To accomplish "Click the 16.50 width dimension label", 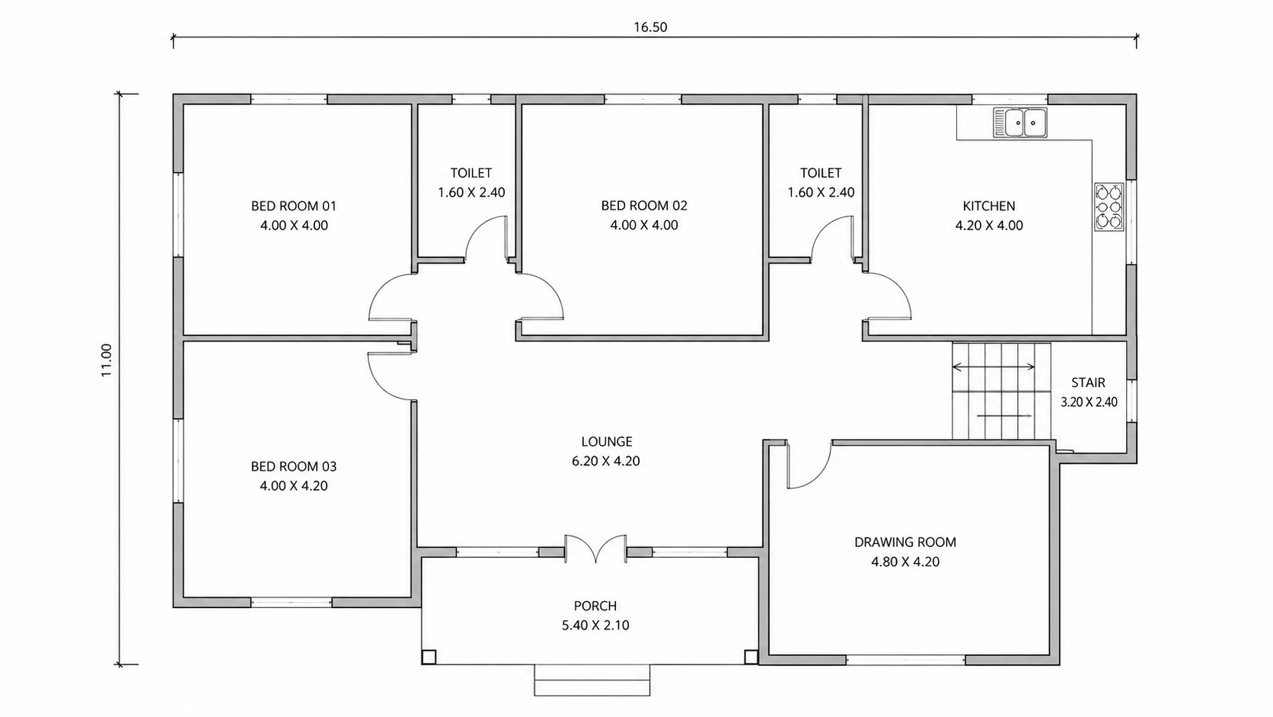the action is coord(650,27).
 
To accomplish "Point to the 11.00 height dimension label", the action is coord(107,360).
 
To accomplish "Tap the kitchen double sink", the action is coord(1020,122).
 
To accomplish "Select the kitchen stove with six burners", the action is coord(1109,207).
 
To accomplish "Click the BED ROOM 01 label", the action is coord(294,206).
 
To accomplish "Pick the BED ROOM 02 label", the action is coord(644,206).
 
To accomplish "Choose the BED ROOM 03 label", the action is coord(294,467).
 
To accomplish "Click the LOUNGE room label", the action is coord(606,442).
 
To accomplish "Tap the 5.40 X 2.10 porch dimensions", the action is coord(595,626).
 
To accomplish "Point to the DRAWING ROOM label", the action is coord(905,543).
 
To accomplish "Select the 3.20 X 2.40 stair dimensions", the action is coord(1089,402).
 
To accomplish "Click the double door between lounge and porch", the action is coord(595,549).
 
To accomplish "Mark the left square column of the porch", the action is coord(429,658).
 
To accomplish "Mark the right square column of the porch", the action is coord(751,658).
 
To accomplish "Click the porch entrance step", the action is coord(592,680).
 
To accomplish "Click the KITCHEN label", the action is coord(989,206).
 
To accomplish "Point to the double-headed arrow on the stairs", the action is coord(994,367).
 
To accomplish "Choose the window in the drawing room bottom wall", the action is coord(906,660).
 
